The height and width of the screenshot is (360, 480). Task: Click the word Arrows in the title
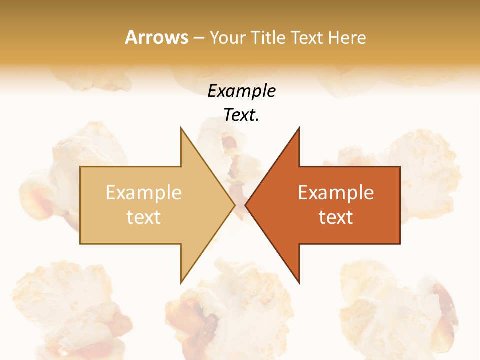click(157, 37)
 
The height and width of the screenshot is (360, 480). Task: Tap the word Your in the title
click(228, 38)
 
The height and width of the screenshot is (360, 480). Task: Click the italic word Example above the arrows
click(241, 91)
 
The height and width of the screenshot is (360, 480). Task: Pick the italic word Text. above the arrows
click(241, 115)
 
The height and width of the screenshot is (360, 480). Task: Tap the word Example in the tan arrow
click(144, 193)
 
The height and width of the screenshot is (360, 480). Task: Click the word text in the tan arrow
click(144, 217)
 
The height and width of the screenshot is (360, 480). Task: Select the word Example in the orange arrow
click(336, 193)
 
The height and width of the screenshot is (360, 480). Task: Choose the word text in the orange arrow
click(336, 217)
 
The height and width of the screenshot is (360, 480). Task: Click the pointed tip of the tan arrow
click(235, 205)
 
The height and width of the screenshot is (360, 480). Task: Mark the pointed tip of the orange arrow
click(245, 205)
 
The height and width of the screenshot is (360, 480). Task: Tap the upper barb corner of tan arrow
click(181, 128)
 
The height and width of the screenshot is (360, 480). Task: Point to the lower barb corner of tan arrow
click(181, 282)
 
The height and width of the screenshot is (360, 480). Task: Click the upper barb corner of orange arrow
click(299, 128)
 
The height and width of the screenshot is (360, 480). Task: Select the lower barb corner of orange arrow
click(299, 282)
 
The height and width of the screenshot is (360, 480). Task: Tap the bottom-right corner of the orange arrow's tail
click(400, 243)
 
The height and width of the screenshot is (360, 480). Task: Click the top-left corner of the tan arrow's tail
click(80, 167)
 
